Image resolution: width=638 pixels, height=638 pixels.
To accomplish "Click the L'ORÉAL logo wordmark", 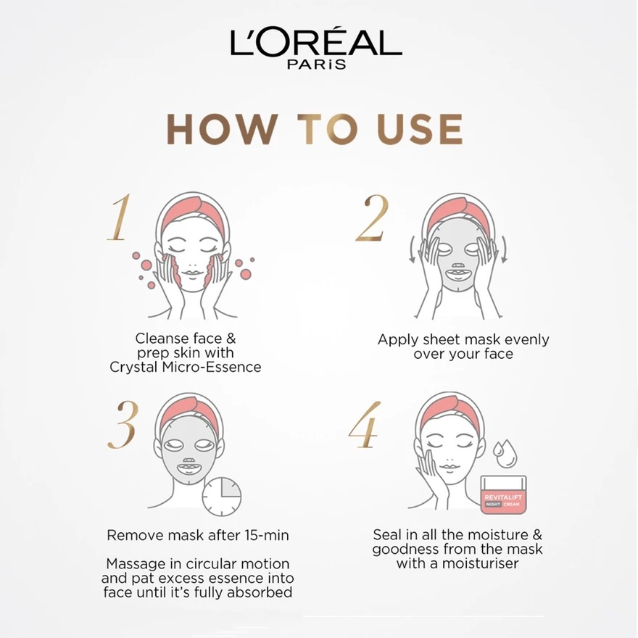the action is click(316, 42).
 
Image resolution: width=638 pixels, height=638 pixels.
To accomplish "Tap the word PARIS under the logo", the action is click(317, 65).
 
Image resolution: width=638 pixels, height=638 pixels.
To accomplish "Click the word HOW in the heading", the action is click(223, 129).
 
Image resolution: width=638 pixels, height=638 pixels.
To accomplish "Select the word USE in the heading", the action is click(420, 129).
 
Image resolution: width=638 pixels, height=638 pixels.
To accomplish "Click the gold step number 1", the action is click(119, 217).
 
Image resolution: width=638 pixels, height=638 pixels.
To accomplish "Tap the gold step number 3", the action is click(123, 425).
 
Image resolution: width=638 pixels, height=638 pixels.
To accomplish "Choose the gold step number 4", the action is click(365, 425).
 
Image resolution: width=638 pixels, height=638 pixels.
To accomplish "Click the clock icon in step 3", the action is click(222, 497).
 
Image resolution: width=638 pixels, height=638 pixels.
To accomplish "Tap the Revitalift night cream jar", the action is click(503, 494).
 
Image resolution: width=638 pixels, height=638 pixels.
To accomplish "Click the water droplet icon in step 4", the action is click(505, 452).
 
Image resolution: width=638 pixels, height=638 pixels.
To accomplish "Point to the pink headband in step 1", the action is click(194, 212).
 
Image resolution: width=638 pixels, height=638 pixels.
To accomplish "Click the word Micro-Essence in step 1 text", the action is click(212, 367).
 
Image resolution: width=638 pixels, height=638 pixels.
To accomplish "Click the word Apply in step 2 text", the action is click(398, 340).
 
